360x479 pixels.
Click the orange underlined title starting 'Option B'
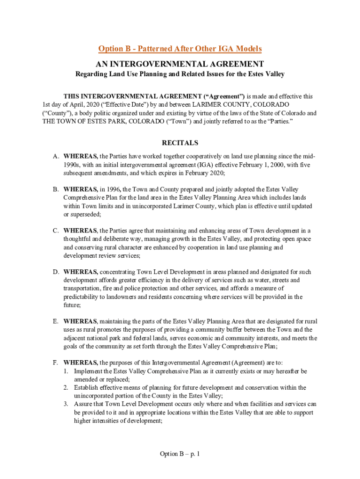180,49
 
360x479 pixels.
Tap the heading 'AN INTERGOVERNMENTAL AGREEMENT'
180,64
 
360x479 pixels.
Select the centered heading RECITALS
180,143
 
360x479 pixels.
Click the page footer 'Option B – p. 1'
180,454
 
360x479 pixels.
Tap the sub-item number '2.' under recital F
66,387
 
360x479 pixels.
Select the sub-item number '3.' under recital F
66,404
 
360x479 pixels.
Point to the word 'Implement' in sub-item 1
89,371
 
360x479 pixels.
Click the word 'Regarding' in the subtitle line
92,74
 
